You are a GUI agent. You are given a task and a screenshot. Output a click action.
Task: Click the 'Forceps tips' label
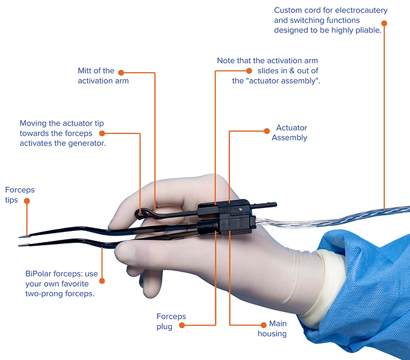pyautogui.click(x=20, y=194)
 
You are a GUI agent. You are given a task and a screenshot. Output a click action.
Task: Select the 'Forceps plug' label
pyautogui.click(x=171, y=321)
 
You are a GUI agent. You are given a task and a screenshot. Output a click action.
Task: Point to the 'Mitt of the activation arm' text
pyautogui.click(x=103, y=76)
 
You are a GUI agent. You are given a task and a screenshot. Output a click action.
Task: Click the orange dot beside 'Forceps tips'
pyautogui.click(x=27, y=204)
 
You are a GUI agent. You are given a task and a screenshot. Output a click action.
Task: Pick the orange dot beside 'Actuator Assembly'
pyautogui.click(x=266, y=130)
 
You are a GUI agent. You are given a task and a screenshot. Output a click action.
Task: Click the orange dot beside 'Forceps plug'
pyautogui.click(x=182, y=325)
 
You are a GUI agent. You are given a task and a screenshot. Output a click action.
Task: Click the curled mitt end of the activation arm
pyautogui.click(x=141, y=213)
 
